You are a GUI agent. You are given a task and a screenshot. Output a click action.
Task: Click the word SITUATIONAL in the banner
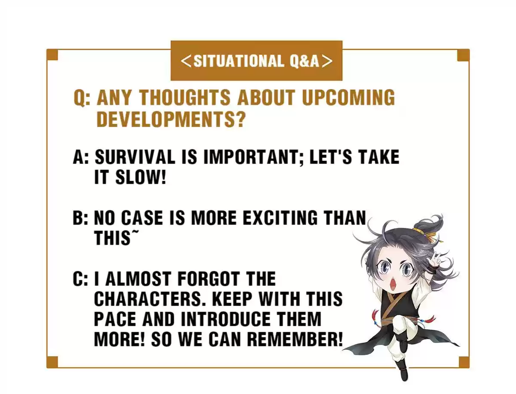pyautogui.click(x=238, y=61)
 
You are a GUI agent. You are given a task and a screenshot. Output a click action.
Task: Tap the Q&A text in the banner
pyautogui.click(x=304, y=61)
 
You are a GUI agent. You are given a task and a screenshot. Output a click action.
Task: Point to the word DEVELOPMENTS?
pyautogui.click(x=171, y=119)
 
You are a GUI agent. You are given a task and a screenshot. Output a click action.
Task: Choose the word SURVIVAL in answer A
pyautogui.click(x=135, y=157)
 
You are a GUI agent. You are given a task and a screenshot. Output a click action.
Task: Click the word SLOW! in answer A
pyautogui.click(x=141, y=177)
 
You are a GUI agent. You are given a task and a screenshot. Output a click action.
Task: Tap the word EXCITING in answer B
pyautogui.click(x=280, y=217)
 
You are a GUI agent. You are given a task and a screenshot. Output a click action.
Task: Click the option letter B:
pyautogui.click(x=80, y=218)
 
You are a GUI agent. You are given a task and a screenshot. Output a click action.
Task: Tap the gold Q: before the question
pyautogui.click(x=82, y=98)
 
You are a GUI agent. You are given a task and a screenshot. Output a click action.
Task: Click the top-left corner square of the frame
pyautogui.click(x=52, y=55)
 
